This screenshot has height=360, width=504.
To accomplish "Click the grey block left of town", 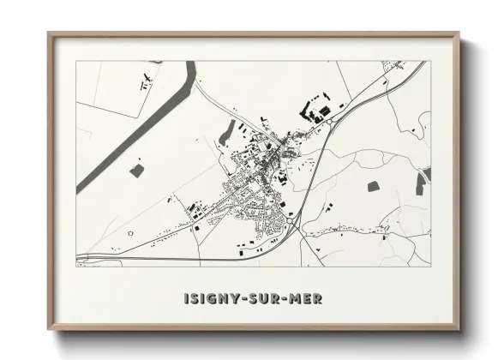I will [x=136, y=171].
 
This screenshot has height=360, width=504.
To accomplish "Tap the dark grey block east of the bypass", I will [x=374, y=186].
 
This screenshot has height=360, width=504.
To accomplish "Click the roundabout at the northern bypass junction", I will [x=328, y=123].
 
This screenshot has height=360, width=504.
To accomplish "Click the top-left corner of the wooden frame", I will [x=48, y=33].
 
